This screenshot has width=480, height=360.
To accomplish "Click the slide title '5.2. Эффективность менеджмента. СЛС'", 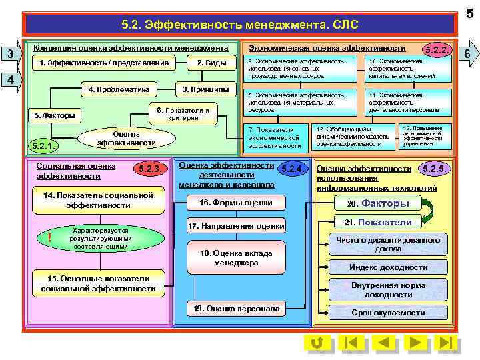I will click(240, 25).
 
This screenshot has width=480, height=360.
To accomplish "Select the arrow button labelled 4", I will click(9, 79).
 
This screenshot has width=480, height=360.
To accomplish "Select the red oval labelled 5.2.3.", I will click(148, 169).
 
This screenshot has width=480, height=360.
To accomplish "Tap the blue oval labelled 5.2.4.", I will click(292, 169).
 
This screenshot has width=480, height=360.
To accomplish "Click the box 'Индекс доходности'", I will click(389, 267).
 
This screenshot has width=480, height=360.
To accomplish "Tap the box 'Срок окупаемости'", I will click(389, 312).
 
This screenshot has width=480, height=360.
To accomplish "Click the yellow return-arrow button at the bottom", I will click(318, 343).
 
